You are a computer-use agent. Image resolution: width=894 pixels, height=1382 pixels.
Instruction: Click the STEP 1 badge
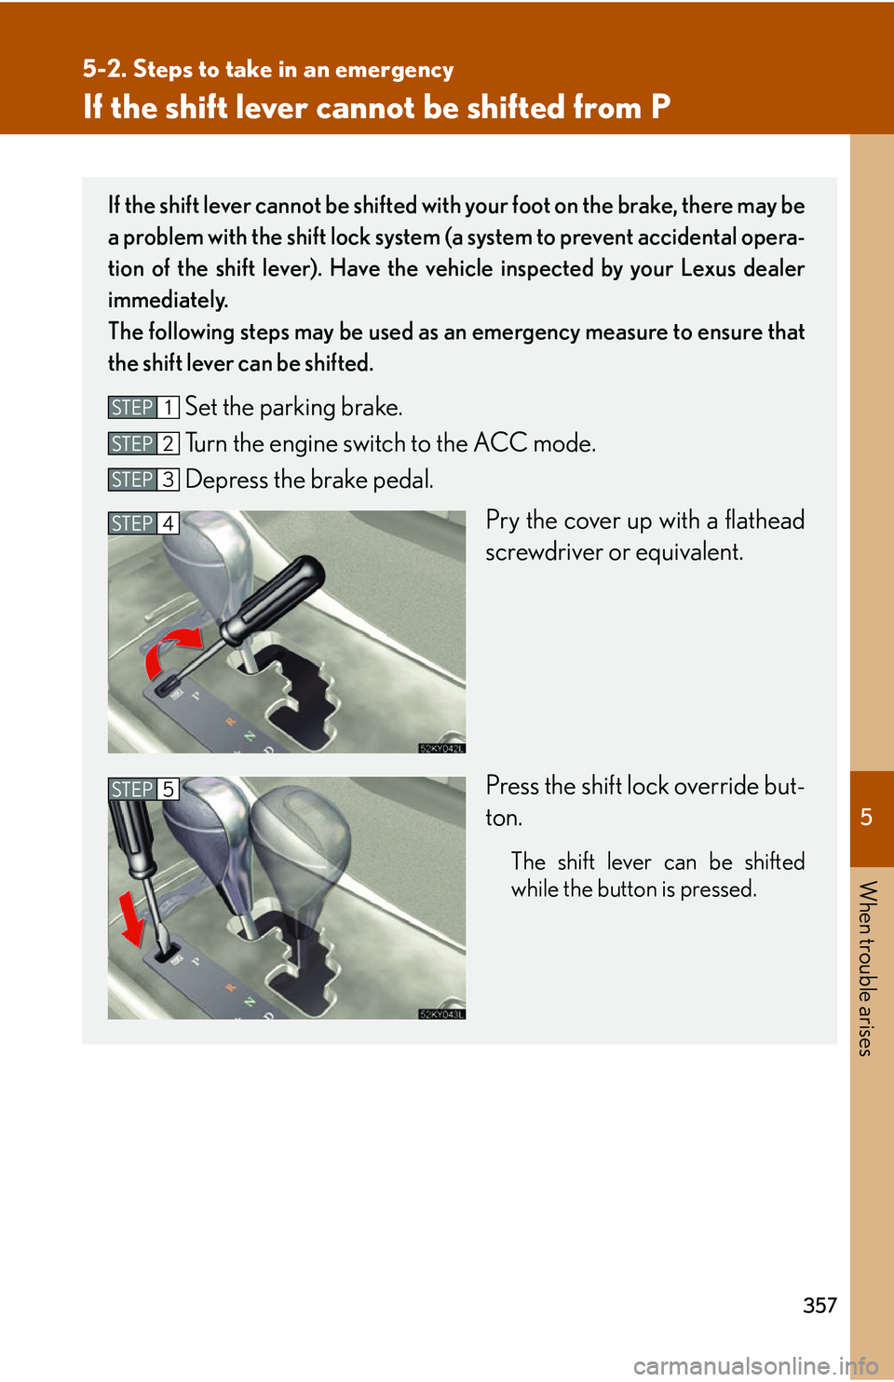pos(142,408)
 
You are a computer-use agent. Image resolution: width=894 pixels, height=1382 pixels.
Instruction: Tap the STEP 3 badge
pos(142,480)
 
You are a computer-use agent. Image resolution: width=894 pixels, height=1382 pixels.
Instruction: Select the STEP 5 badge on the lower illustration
pos(142,790)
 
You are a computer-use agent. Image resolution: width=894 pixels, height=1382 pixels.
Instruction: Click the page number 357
pos(819,1305)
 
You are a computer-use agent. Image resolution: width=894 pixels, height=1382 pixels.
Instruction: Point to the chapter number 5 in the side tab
pos(866,818)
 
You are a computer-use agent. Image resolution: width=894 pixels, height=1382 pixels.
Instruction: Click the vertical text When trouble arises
pos(866,968)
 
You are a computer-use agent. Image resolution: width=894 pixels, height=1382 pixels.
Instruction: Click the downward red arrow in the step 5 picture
pos(133,917)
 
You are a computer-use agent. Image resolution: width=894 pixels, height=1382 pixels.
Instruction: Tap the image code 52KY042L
pos(441,748)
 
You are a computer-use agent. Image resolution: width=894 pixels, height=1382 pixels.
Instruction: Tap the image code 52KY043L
pos(441,1014)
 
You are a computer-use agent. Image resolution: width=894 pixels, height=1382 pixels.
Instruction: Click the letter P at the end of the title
pos(660,107)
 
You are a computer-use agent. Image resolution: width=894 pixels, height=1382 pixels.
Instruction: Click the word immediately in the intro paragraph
pos(168,300)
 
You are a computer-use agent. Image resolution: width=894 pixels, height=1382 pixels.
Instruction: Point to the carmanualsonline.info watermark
pos(755,1366)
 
